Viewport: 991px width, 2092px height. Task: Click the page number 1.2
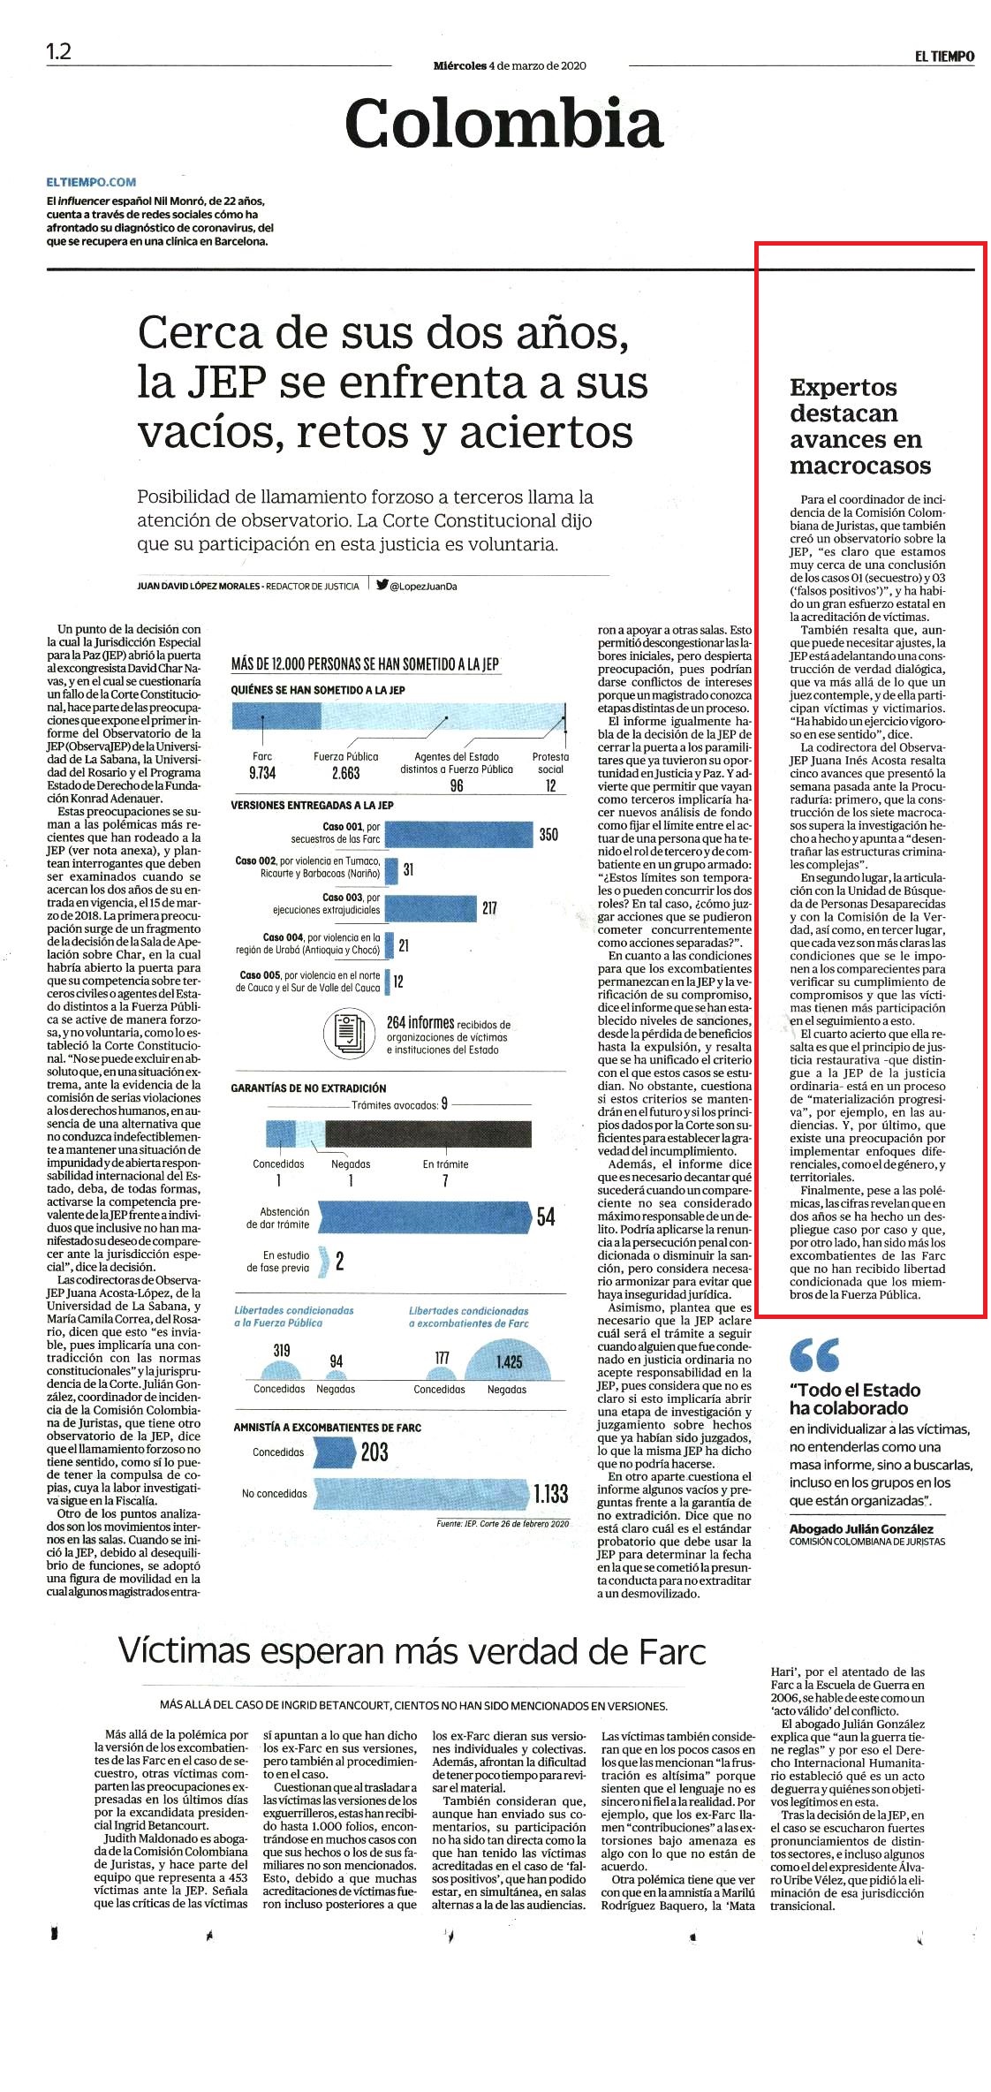point(58,51)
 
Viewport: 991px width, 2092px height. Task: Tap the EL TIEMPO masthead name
point(944,56)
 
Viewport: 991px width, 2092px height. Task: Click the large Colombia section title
point(503,123)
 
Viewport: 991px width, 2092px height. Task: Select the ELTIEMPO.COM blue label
point(92,182)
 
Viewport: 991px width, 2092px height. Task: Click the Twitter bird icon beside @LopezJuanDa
point(382,584)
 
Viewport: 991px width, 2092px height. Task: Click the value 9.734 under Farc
point(262,773)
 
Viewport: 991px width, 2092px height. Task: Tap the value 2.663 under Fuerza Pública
point(345,773)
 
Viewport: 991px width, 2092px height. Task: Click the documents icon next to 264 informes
point(351,1033)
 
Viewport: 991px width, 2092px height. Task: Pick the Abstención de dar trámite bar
point(424,1217)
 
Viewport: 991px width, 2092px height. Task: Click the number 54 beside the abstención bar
point(546,1217)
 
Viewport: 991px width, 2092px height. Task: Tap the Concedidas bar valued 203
point(333,1452)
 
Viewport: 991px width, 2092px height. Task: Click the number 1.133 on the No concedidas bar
point(550,1494)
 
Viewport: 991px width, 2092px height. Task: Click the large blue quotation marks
point(814,1353)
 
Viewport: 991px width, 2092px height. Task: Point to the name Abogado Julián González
point(861,1529)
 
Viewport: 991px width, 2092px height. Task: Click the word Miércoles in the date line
point(460,65)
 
